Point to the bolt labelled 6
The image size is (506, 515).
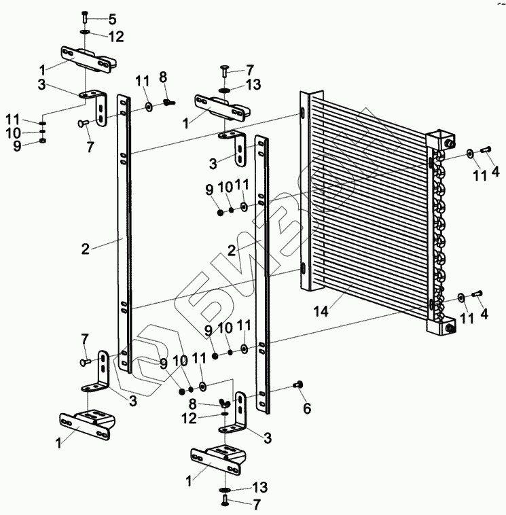pos(297,386)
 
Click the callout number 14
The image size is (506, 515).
pos(322,311)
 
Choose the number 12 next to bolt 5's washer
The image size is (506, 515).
pos(116,35)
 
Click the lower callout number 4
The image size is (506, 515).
pos(484,315)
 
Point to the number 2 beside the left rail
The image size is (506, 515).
pos(85,249)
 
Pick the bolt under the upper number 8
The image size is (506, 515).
pos(169,103)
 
